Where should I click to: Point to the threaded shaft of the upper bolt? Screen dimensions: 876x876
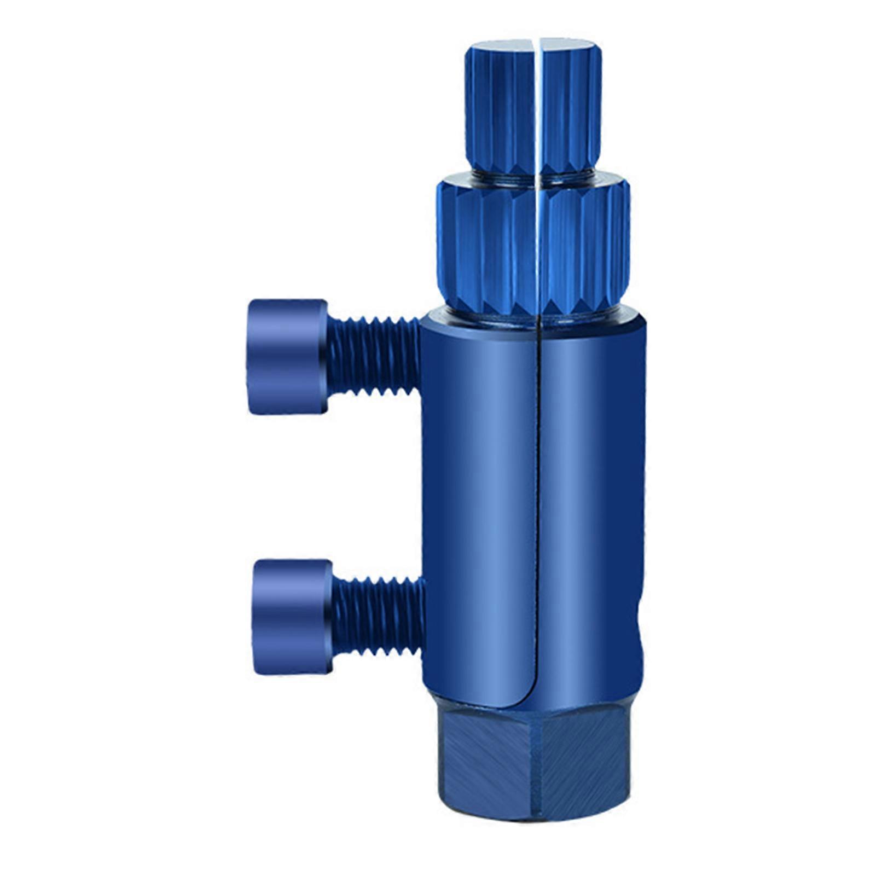(373, 357)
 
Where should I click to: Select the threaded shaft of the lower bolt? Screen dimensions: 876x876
(378, 617)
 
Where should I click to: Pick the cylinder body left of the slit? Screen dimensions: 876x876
(479, 492)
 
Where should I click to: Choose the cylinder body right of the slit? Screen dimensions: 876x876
(591, 492)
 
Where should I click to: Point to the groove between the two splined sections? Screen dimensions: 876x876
(533, 173)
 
